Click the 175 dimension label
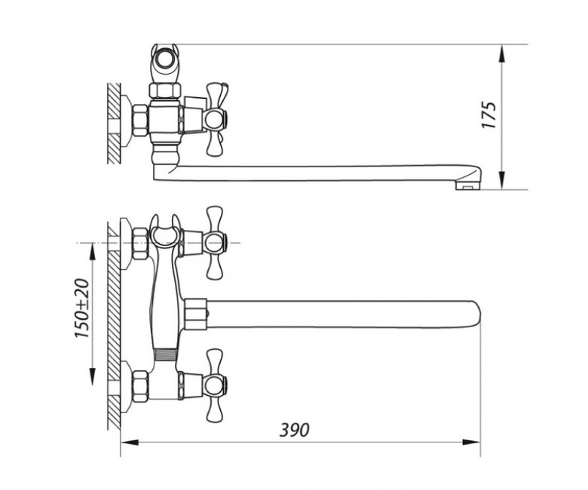(489, 115)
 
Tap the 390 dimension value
(295, 430)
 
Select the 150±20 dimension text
(82, 308)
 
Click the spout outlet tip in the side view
(467, 185)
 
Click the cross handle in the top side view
(216, 119)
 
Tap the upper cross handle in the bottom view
(216, 242)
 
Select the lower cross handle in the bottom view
(216, 385)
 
